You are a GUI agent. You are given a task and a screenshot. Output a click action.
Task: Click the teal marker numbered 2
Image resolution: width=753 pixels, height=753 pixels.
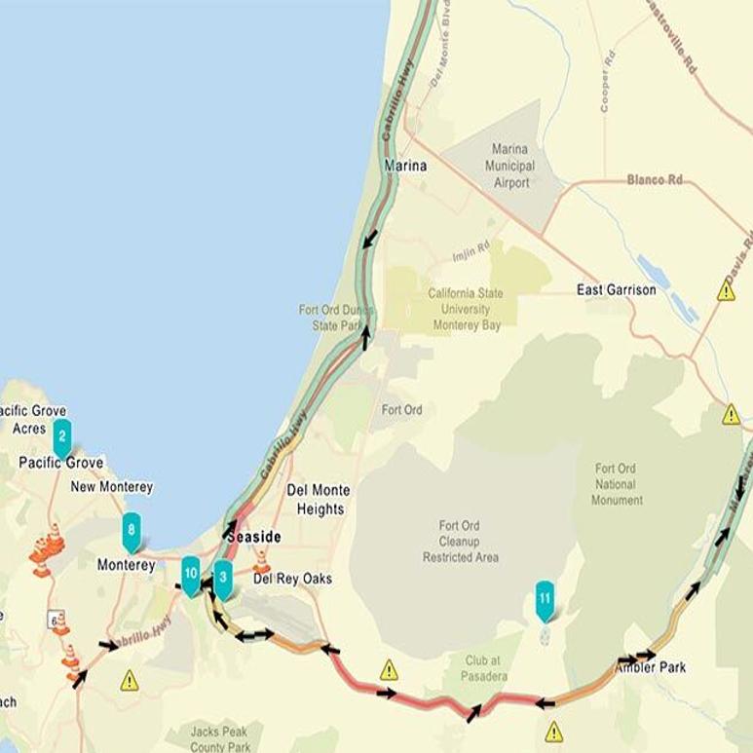[62, 436]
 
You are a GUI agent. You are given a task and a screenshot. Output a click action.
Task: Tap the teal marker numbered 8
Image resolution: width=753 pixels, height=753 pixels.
[132, 532]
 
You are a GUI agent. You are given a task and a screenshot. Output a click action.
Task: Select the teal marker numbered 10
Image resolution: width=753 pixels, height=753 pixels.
[191, 574]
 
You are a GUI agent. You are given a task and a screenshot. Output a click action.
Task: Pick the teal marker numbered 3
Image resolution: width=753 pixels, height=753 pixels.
[223, 577]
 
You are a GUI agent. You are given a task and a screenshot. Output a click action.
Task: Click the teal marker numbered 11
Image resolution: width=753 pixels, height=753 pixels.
[545, 597]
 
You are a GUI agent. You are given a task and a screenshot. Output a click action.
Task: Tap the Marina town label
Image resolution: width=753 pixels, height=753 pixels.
[406, 166]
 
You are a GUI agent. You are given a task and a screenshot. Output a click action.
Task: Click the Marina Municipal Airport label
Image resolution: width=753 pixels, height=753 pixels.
[511, 166]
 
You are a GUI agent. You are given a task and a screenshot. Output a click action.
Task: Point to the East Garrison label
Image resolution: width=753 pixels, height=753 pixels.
[616, 290]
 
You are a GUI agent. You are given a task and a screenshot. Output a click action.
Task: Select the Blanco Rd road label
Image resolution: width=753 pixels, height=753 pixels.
[659, 180]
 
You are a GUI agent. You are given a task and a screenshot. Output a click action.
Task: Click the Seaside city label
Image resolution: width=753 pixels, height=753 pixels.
[253, 537]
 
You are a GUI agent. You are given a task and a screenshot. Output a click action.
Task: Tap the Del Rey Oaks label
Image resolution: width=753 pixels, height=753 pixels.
[292, 579]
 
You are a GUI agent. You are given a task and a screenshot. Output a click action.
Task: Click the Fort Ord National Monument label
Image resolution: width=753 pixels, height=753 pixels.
[617, 484]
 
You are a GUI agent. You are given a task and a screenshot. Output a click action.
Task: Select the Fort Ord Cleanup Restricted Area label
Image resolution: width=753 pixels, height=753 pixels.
[461, 542]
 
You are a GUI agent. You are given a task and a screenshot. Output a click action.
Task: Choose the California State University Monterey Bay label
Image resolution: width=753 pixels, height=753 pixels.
[465, 309]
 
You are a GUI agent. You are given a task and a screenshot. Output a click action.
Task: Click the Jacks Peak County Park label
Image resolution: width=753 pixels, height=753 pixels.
[220, 739]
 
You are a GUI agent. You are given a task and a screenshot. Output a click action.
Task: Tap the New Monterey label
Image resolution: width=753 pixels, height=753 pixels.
[112, 487]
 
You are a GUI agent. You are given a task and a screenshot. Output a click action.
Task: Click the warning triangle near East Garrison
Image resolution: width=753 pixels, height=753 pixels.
[726, 291]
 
